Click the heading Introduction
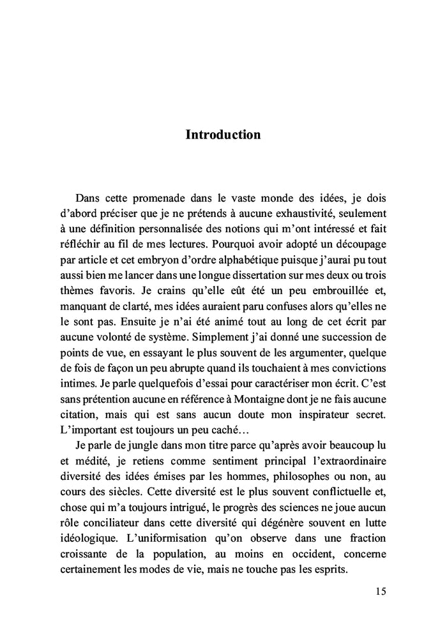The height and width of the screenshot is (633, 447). [223, 135]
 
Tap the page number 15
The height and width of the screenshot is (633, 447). [379, 591]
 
